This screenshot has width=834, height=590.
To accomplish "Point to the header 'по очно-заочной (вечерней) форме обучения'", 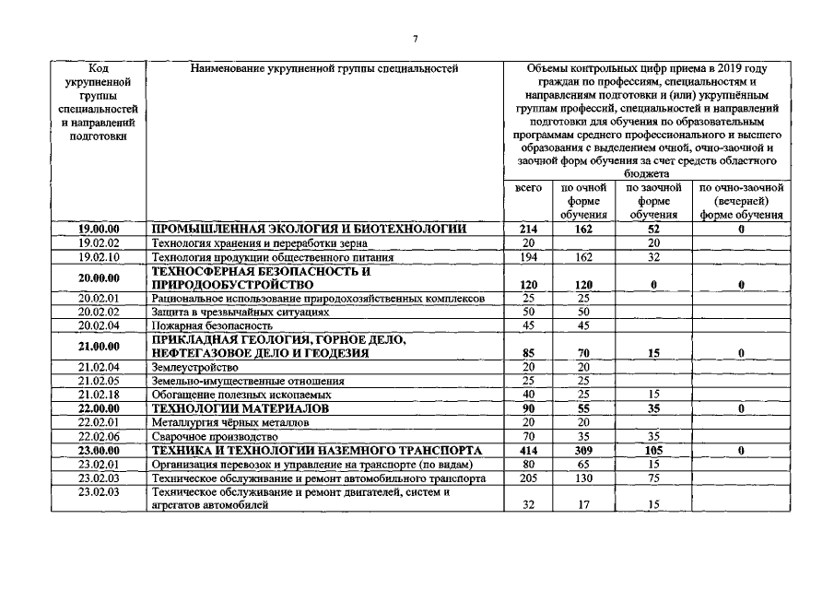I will (x=741, y=201).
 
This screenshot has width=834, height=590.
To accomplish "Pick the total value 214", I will (x=528, y=229).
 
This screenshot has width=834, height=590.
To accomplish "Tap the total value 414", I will (x=528, y=451).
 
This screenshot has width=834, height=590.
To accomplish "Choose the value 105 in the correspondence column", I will (x=653, y=451).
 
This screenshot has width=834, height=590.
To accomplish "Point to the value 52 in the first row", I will (x=653, y=229).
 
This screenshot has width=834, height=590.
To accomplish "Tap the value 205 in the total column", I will (x=528, y=478).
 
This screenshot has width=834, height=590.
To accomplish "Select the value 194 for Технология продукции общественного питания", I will (x=528, y=256).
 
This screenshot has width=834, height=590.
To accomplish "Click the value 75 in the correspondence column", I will (x=653, y=478).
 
